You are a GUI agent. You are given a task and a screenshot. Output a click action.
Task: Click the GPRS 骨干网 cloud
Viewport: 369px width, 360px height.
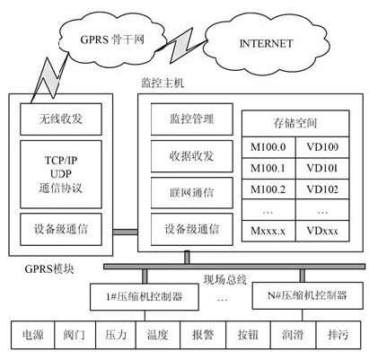111,39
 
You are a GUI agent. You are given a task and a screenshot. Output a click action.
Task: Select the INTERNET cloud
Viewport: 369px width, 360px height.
267,43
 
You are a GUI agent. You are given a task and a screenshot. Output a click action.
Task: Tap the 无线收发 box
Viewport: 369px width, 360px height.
61,119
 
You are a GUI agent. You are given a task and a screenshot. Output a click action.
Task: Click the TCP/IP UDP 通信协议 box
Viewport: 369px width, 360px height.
61,174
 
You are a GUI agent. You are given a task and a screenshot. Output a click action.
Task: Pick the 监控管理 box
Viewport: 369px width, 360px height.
192,119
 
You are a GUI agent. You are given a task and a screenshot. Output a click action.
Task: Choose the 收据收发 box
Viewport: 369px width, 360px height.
192,156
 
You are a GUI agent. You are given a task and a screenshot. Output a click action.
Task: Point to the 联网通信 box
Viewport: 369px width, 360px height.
192,193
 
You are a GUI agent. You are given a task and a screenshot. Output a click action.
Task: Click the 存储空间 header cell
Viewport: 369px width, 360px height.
295,123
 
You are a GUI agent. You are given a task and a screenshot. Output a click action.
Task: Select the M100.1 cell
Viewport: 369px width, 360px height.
268,169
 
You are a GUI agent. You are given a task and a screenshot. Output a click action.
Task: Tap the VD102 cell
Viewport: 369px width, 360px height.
322,189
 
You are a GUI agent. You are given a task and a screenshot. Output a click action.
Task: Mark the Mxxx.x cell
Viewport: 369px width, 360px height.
268,231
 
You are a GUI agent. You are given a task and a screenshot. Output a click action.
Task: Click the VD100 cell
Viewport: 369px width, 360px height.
322,147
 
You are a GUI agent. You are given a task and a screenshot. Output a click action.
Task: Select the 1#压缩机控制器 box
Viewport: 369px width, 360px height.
145,297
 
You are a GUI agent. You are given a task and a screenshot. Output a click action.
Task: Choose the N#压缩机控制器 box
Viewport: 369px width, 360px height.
308,295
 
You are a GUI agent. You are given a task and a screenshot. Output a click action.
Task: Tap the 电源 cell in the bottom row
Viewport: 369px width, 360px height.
33,335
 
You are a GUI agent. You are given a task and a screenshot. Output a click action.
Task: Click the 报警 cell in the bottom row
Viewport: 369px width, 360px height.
203,335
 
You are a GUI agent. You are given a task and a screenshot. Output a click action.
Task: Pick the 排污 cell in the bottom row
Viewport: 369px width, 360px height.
338,335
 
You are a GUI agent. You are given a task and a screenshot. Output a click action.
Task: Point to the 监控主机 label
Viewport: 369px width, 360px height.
163,83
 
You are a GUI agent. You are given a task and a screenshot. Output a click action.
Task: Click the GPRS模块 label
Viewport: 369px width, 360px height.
49,268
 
